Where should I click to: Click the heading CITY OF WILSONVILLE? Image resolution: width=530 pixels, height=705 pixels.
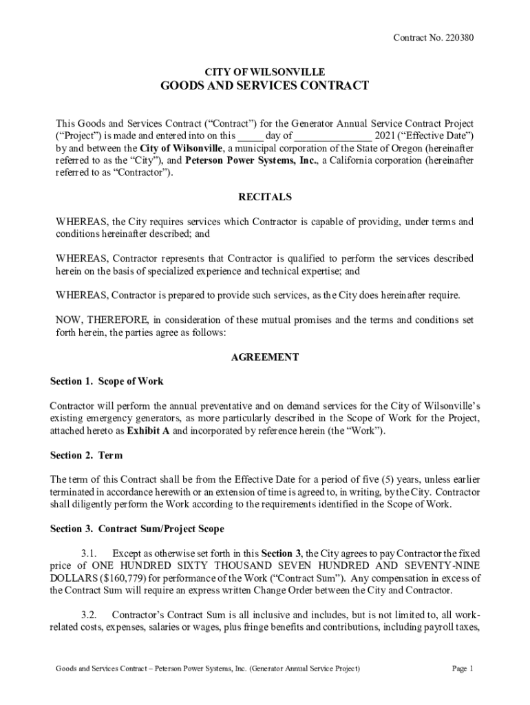(x=265, y=72)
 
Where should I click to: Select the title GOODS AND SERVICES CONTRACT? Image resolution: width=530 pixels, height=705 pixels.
(x=265, y=86)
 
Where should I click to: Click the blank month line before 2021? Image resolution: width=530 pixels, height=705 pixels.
(x=333, y=136)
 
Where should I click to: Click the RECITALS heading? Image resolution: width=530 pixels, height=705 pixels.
(x=265, y=197)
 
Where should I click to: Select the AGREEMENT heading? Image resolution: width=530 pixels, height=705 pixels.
(x=265, y=357)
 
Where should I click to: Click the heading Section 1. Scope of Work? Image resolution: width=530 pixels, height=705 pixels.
(x=107, y=381)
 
